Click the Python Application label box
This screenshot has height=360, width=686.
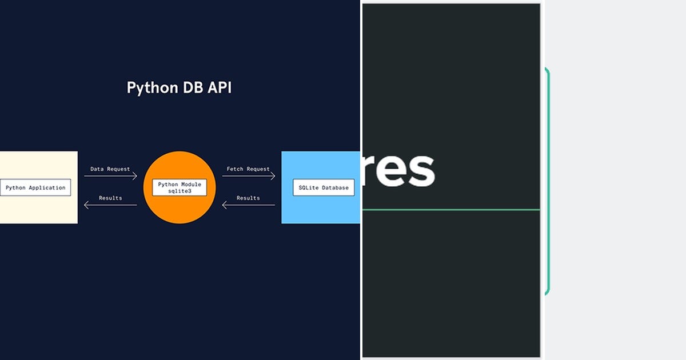pyautogui.click(x=35, y=187)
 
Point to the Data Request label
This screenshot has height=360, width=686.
pyautogui.click(x=110, y=169)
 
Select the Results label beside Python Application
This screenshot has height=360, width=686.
pyautogui.click(x=110, y=198)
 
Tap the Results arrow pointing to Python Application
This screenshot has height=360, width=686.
pyautogui.click(x=110, y=205)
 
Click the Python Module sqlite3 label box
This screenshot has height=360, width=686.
pyautogui.click(x=180, y=187)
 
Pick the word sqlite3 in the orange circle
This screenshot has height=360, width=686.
pyautogui.click(x=180, y=191)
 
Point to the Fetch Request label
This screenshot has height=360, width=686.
pyautogui.click(x=248, y=169)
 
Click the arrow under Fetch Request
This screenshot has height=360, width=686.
pyautogui.click(x=248, y=176)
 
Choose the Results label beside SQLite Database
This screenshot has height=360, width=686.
pyautogui.click(x=248, y=198)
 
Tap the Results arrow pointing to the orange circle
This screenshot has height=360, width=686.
pyautogui.click(x=248, y=205)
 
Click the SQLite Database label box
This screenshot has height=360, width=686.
pyautogui.click(x=324, y=187)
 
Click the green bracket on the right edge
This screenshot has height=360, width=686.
pyautogui.click(x=548, y=181)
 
